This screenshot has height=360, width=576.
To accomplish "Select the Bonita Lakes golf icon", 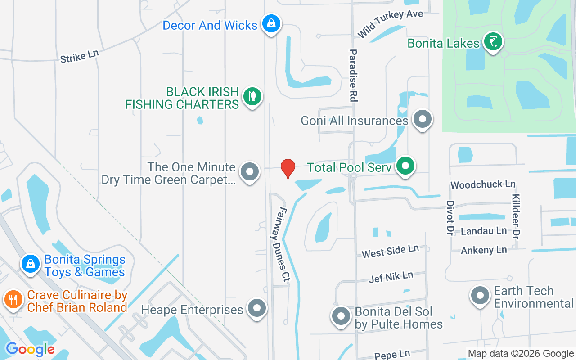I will click(x=493, y=42).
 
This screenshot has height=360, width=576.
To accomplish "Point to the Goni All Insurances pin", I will click(x=422, y=120).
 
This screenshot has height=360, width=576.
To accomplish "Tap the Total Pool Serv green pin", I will click(x=405, y=166).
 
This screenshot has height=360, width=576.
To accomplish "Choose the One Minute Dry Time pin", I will click(x=250, y=172).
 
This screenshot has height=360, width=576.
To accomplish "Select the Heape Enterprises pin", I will click(x=257, y=309).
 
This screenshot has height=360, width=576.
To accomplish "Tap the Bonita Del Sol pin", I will click(x=341, y=316).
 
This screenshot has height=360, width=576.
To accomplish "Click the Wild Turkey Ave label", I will click(x=390, y=23).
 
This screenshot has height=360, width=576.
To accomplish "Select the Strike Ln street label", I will click(x=79, y=56).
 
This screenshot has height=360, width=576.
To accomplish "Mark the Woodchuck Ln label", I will click(x=483, y=184).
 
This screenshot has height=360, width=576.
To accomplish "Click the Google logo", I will click(x=30, y=349).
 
